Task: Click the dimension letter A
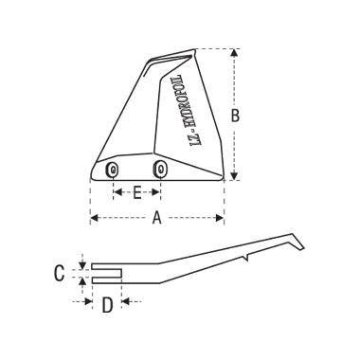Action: click(x=156, y=219)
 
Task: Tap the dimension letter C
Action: click(x=59, y=273)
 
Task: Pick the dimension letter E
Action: click(x=136, y=192)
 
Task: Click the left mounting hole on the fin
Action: click(x=113, y=170)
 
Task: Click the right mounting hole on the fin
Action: click(x=160, y=170)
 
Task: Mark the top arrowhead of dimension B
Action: click(x=235, y=55)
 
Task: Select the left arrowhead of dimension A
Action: click(x=94, y=219)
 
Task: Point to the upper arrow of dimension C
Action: click(x=82, y=264)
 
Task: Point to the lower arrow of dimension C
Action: click(x=82, y=281)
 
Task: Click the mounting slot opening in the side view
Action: click(x=106, y=273)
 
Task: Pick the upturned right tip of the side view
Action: click(x=300, y=244)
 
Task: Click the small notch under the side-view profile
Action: click(x=245, y=256)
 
